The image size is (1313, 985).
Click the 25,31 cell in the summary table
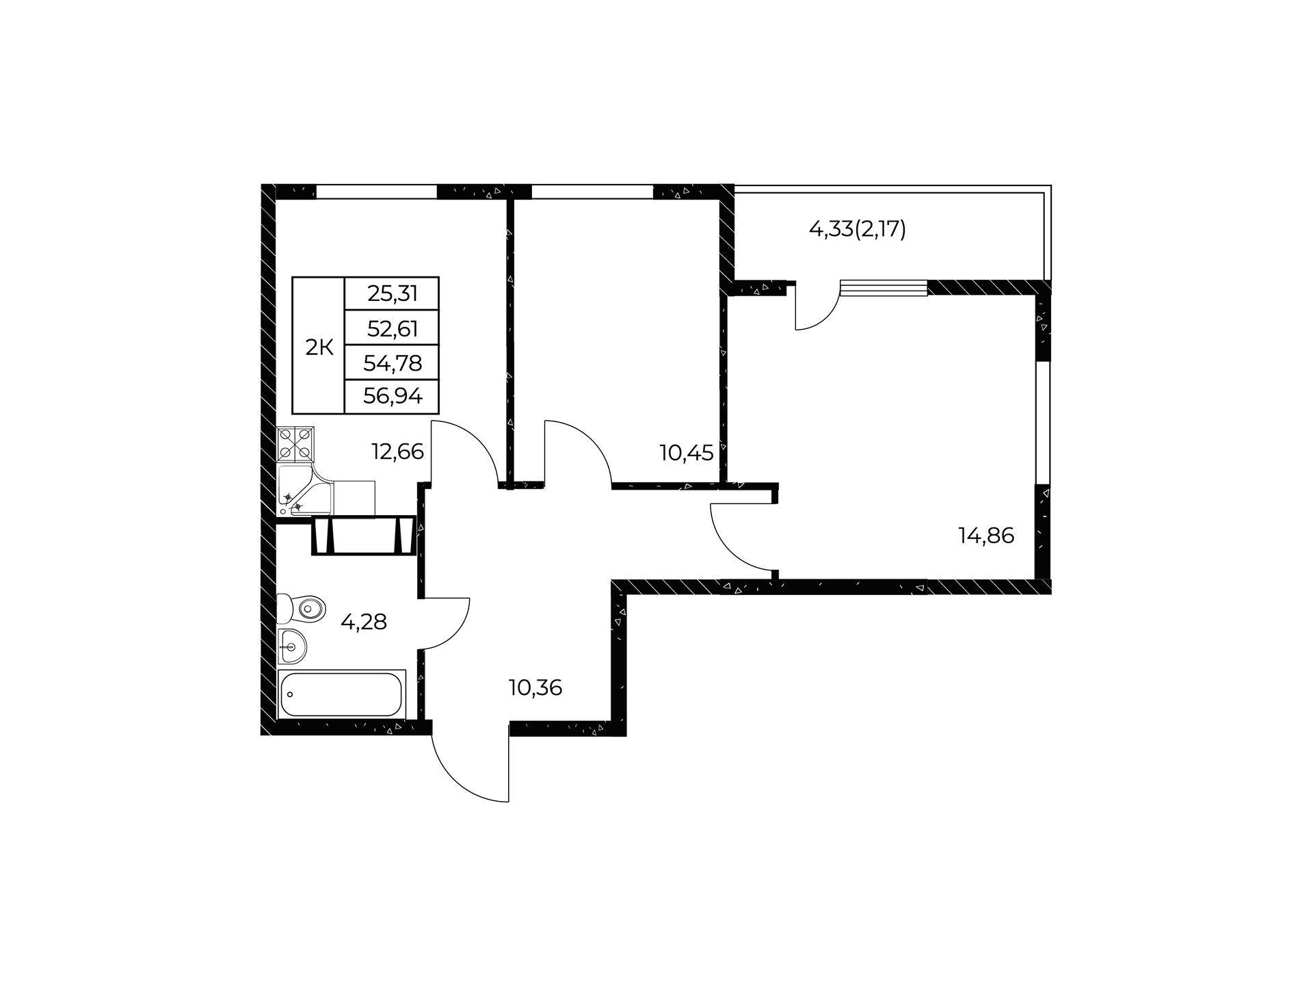pyautogui.click(x=393, y=294)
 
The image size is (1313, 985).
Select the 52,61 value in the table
pyautogui.click(x=393, y=329)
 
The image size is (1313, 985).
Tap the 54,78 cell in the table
pyautogui.click(x=393, y=363)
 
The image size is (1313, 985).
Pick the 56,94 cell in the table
pyautogui.click(x=393, y=395)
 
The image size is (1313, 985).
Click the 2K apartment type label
pyautogui.click(x=319, y=347)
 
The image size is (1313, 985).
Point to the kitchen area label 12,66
pyautogui.click(x=397, y=451)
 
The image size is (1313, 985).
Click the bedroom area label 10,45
pyautogui.click(x=686, y=452)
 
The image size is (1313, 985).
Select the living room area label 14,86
pyautogui.click(x=986, y=536)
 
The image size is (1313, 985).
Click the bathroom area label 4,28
pyautogui.click(x=364, y=622)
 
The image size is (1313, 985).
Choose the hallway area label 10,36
pyautogui.click(x=535, y=687)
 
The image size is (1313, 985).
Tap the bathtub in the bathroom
pyautogui.click(x=341, y=694)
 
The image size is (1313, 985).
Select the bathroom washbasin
pyautogui.click(x=293, y=646)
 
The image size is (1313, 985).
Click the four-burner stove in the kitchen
pyautogui.click(x=296, y=443)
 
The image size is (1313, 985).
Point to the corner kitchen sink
pyautogui.click(x=305, y=490)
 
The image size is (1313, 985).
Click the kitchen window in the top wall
pyautogui.click(x=376, y=192)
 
